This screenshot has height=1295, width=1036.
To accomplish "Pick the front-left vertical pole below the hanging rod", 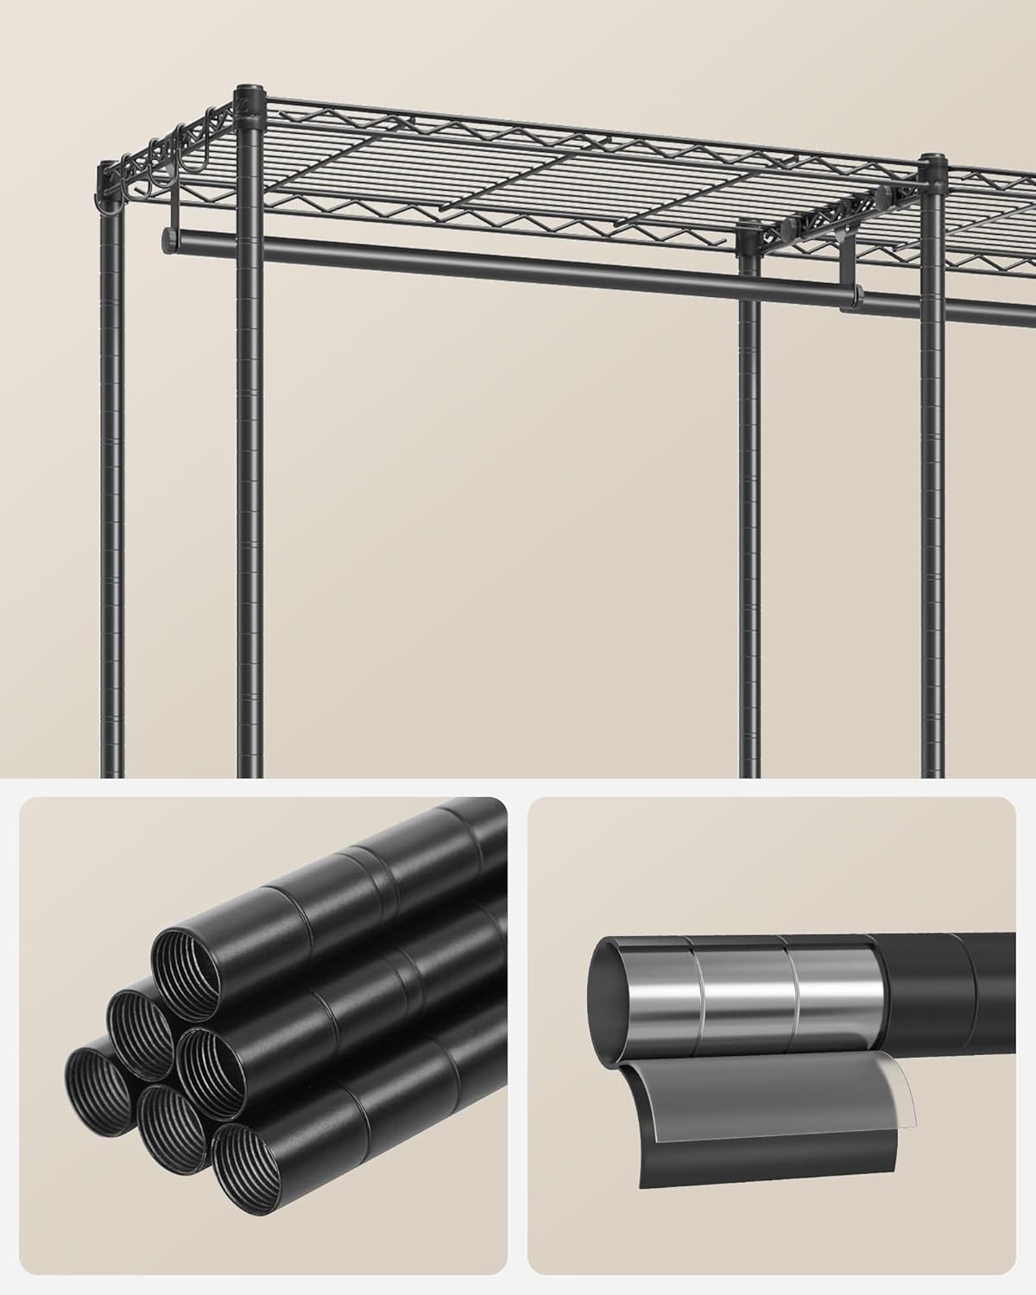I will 250,518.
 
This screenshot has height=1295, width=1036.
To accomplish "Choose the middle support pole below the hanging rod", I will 749,518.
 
